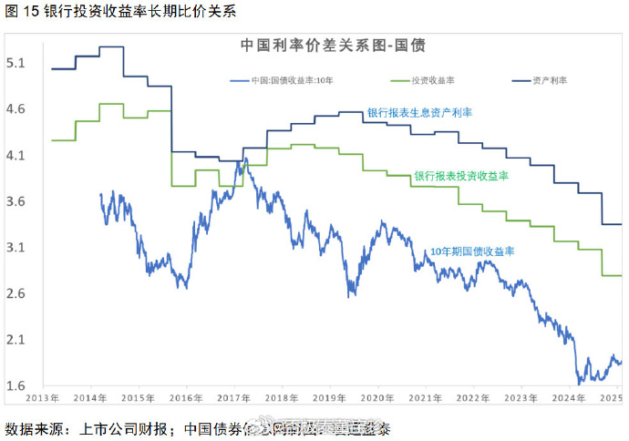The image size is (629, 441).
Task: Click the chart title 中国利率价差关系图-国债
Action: (333, 44)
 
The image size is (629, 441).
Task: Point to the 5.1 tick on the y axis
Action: (15, 64)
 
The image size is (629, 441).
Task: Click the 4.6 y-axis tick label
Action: (15, 109)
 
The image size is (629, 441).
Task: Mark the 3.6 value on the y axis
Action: (15, 202)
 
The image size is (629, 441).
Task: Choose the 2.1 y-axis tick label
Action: (15, 340)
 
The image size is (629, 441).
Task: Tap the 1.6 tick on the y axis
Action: (15, 385)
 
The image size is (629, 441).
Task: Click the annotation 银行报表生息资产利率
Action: (419, 112)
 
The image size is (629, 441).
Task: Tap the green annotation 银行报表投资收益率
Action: (460, 175)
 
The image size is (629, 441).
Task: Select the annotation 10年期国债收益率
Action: (472, 251)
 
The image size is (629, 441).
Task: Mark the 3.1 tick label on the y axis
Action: (15, 248)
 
